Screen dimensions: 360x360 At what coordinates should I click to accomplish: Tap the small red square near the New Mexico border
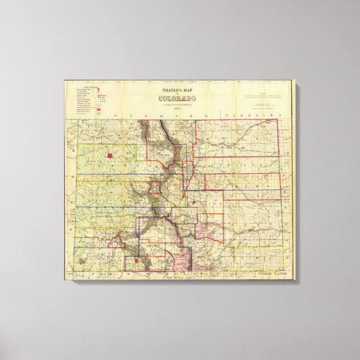pyautogui.click(x=138, y=259)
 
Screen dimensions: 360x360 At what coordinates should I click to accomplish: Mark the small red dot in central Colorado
pyautogui.click(x=193, y=202)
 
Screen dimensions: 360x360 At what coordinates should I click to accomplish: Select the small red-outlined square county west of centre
pyautogui.click(x=155, y=187)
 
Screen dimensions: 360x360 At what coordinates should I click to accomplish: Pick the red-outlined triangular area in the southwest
pyautogui.click(x=117, y=241)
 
